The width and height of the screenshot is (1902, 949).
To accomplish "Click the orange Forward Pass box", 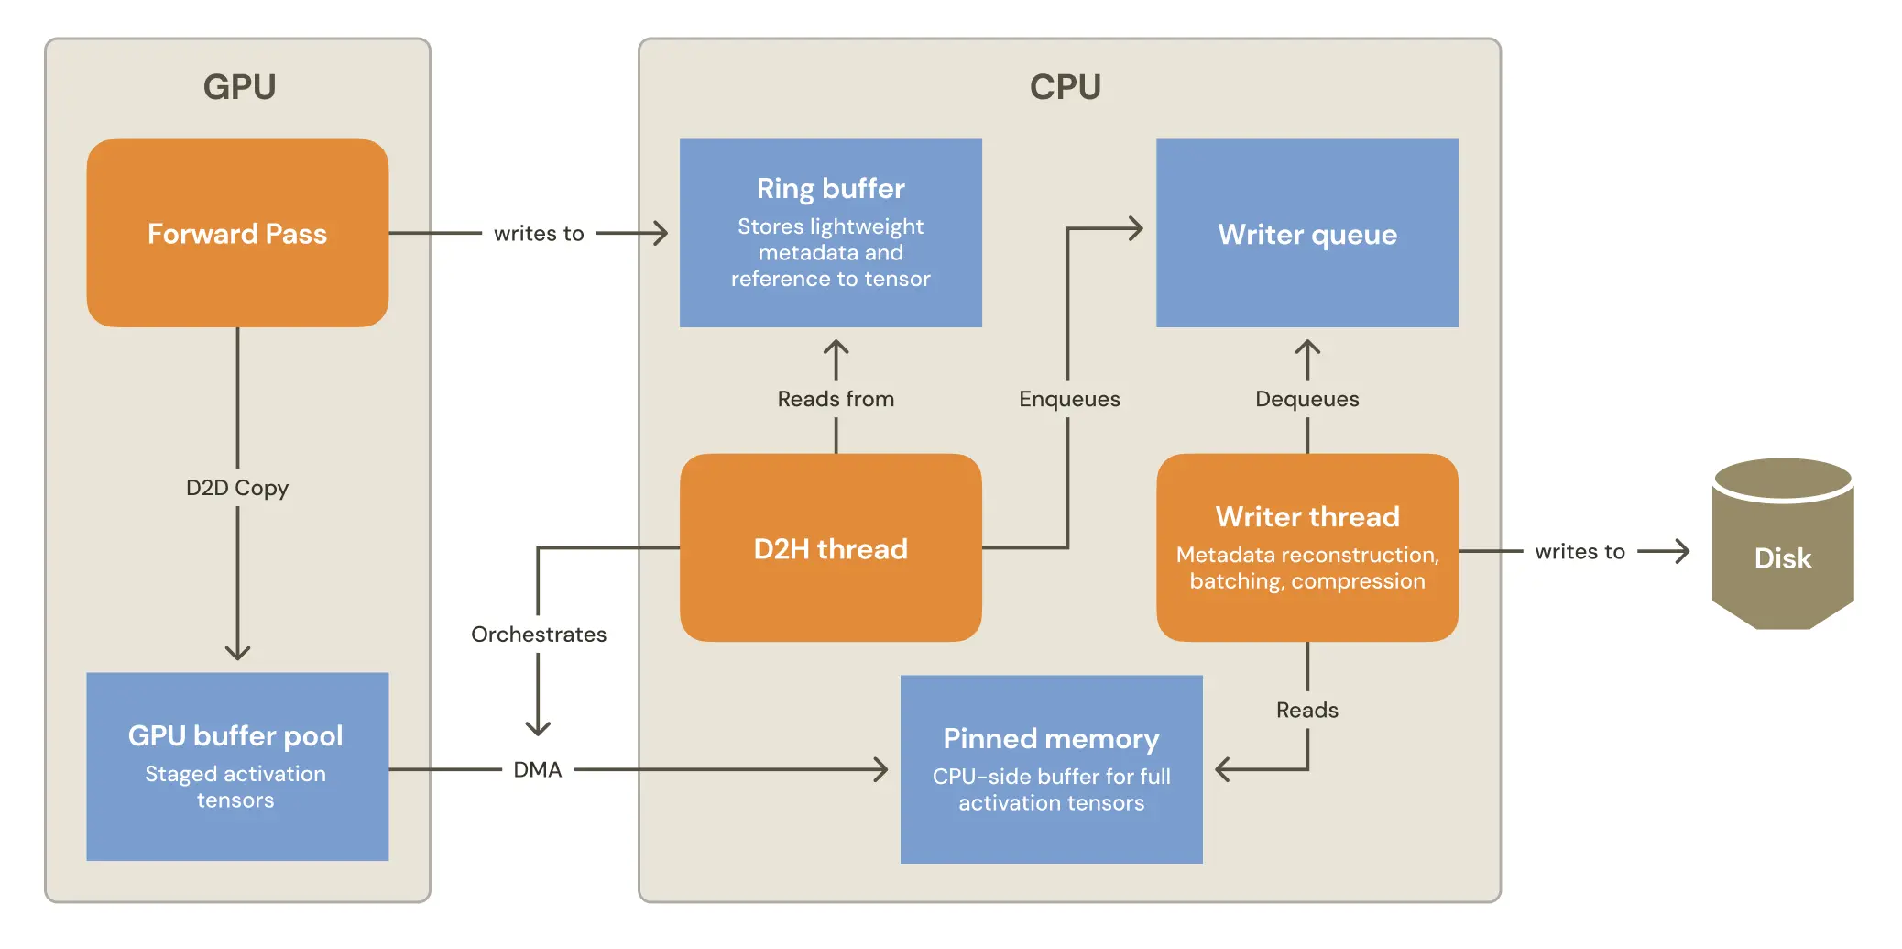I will coord(237,233).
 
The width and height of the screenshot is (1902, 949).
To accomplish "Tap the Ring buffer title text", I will coord(830,188).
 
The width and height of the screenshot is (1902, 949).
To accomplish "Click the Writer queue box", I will coord(1306,234).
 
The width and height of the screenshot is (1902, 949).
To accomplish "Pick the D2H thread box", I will coord(830,548).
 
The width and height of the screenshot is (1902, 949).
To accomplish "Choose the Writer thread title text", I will coord(1306,516).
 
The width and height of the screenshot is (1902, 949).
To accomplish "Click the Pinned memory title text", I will coord(1051,738).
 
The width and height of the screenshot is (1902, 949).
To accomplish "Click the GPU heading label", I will coord(239,87).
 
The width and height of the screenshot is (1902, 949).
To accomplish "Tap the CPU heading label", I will coord(1065,87).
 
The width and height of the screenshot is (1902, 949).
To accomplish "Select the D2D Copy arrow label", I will coord(237,488).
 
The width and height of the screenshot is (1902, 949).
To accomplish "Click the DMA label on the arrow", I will coord(537,769).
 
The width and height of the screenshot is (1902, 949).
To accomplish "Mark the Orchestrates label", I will coord(539,635).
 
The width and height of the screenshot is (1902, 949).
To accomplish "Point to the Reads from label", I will coord(836,399).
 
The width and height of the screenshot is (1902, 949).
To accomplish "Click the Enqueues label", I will coord(1069,399).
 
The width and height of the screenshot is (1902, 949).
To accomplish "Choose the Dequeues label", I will coord(1306,399).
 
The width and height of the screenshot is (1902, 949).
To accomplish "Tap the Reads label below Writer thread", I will coord(1306,710).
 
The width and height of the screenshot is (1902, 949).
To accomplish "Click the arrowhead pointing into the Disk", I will coord(1682,551).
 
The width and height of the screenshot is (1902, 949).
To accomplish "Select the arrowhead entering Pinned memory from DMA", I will coord(880,769).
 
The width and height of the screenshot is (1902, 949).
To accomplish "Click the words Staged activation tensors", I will coord(235,787).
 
